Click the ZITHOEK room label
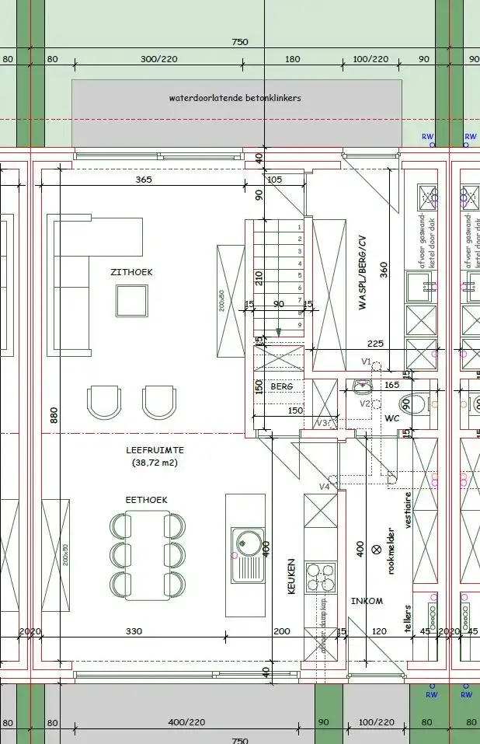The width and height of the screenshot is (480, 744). (x=131, y=272)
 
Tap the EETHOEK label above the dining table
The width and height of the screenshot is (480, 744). (x=147, y=499)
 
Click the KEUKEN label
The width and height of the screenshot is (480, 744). (x=292, y=576)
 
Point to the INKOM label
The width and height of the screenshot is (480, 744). (x=367, y=601)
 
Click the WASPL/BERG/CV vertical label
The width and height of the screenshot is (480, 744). (x=362, y=273)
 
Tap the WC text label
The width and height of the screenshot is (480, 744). (x=391, y=417)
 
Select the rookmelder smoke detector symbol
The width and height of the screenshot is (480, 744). (x=377, y=549)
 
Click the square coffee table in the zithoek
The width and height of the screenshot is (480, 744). (x=131, y=300)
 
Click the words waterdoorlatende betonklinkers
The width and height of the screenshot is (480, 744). (x=235, y=99)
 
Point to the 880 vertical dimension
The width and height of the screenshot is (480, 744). (x=54, y=416)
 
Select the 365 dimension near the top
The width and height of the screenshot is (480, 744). (x=143, y=180)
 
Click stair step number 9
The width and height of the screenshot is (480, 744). (x=300, y=324)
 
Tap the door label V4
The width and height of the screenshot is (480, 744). (x=324, y=487)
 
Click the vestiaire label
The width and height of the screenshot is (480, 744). (x=408, y=510)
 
